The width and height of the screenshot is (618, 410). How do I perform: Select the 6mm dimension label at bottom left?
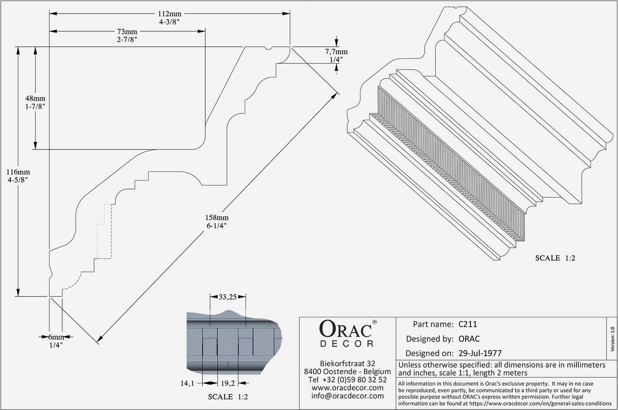(56, 337)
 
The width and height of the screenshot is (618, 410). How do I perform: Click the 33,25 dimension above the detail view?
(228, 297)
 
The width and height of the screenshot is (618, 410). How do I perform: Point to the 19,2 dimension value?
(228, 383)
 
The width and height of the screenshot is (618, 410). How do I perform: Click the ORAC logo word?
(345, 329)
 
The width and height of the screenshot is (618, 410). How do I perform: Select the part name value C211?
(467, 324)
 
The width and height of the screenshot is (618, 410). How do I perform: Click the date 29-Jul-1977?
(480, 353)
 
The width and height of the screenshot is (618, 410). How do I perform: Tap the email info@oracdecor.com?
(347, 396)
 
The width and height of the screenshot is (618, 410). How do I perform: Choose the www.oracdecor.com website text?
(347, 388)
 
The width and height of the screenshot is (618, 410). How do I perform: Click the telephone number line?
(347, 379)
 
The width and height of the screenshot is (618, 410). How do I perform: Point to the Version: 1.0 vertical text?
(612, 340)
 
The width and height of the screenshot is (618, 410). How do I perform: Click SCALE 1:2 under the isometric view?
(555, 258)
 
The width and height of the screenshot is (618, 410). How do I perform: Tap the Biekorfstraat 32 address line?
(347, 364)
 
